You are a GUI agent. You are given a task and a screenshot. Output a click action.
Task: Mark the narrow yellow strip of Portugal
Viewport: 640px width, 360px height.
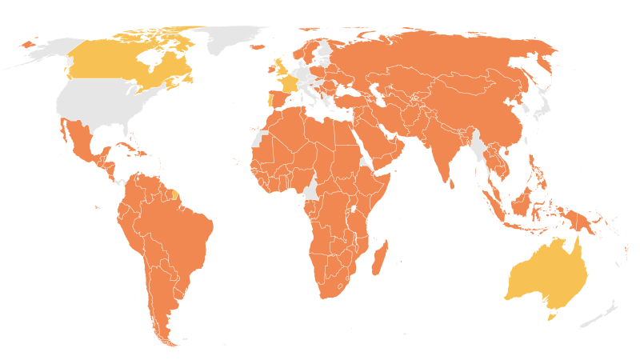(269, 102)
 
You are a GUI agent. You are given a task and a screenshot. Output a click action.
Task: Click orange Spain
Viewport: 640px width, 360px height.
(278, 100)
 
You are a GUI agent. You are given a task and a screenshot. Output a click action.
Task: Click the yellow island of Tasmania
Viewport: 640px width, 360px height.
(550, 316)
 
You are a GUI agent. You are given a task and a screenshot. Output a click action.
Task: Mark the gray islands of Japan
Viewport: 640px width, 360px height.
(545, 105)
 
